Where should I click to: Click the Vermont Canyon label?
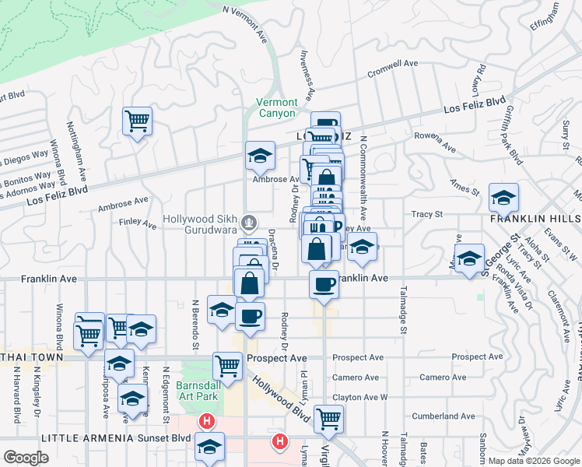[277, 107]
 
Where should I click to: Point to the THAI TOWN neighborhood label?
[30, 361]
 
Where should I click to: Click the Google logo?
[26, 457]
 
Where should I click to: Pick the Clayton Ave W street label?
[360, 397]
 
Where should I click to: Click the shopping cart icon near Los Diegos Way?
[137, 121]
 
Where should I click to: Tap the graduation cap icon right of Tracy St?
[503, 197]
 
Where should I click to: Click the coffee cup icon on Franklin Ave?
[323, 283]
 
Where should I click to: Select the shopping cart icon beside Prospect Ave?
[227, 364]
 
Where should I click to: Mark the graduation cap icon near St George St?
[469, 260]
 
